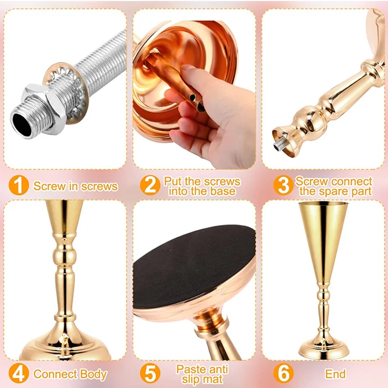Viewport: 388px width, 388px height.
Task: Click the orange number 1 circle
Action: [18, 185]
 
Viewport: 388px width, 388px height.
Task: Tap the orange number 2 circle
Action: [150, 185]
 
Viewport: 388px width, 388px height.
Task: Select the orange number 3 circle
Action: [284, 185]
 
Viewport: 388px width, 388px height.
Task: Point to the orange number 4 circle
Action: [18, 373]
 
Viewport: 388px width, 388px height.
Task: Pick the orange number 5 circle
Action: [150, 373]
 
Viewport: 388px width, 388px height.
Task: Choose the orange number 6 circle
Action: [284, 373]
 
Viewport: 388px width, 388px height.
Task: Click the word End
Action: [335, 373]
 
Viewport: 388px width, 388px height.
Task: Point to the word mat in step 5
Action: [214, 379]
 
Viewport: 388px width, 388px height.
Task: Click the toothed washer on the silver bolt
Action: [66, 93]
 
